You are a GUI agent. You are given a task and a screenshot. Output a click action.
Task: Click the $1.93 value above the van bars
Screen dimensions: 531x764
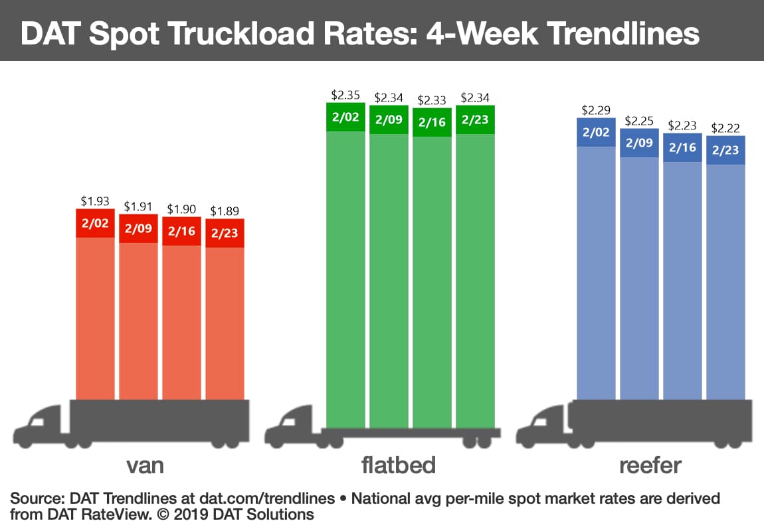95,200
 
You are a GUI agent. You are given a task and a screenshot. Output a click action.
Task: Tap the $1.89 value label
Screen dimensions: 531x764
225,210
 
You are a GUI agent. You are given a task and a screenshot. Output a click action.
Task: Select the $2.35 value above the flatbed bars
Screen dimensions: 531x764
345,95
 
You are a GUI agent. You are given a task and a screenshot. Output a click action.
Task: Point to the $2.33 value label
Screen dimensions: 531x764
432,100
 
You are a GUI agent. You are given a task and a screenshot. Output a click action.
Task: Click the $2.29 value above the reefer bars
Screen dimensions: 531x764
596,110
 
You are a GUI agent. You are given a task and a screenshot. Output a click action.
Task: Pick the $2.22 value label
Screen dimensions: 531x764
725,128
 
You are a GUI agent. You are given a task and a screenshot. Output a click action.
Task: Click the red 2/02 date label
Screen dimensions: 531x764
95,223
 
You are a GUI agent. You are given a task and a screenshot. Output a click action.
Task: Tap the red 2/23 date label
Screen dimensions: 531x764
225,234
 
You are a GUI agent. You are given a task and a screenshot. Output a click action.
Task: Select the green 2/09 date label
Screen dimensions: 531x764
389,120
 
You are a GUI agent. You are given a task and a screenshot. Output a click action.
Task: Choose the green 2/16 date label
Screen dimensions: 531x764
432,123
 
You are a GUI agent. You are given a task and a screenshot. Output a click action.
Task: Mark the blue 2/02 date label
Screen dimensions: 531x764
596,132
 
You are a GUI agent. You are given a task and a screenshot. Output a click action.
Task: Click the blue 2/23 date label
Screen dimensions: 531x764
725,150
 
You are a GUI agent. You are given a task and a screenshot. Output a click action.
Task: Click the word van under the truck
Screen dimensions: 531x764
145,465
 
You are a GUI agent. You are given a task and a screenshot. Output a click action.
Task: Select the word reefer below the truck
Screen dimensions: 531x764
650,465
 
